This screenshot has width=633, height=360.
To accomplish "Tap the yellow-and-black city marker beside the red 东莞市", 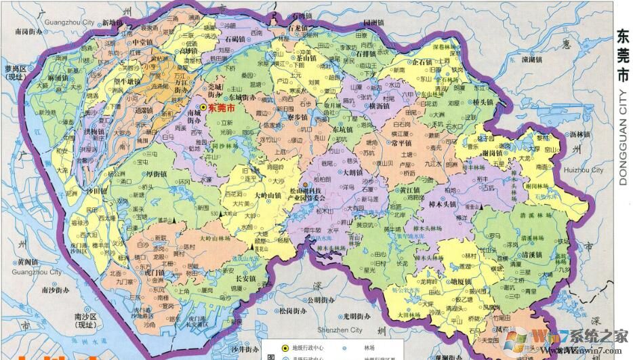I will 202,108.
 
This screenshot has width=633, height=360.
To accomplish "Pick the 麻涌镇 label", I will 56,79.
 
